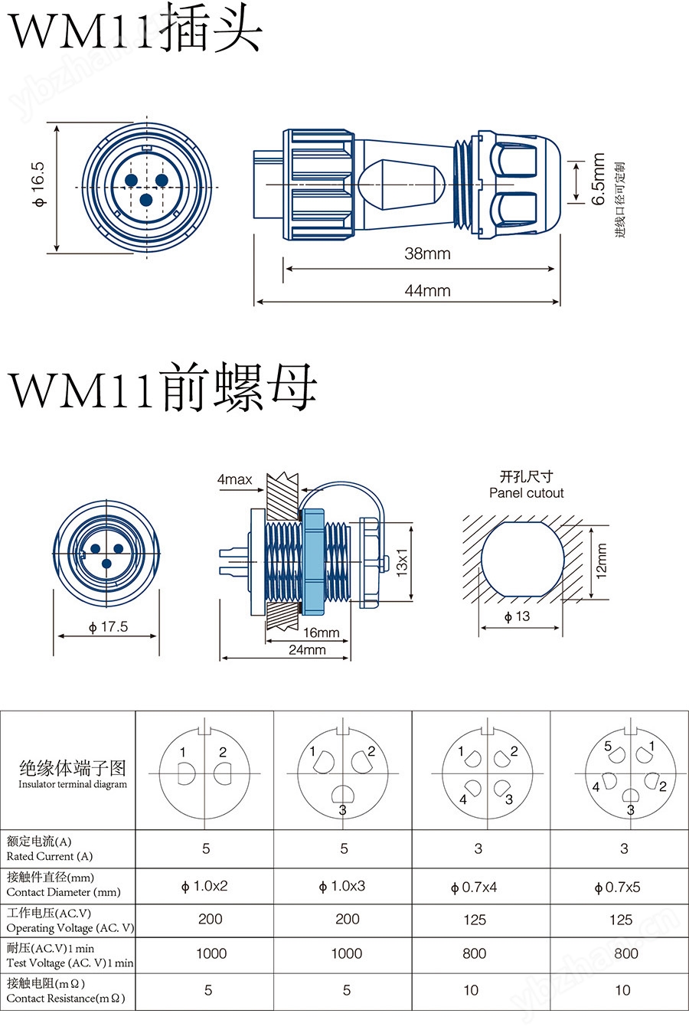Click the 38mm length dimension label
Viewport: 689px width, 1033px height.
pos(427,253)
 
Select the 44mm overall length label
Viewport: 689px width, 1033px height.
pos(427,290)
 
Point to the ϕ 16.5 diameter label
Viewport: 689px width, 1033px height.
pos(38,185)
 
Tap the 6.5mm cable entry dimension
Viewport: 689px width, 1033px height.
pos(598,178)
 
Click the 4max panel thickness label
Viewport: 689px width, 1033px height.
pos(235,479)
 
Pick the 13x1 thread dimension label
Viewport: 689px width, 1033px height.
pos(402,563)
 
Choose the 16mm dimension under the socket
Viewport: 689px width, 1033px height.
pos(321,633)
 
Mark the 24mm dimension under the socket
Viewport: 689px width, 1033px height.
pos(307,650)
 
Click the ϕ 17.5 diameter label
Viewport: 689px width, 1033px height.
pos(108,626)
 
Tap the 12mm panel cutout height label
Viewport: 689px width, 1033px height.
pos(602,561)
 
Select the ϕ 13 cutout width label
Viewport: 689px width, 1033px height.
pos(517,616)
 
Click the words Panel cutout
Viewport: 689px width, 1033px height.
pos(526,493)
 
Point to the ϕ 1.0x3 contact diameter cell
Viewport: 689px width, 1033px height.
pos(341,886)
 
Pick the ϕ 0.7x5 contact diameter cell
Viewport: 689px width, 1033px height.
pos(617,888)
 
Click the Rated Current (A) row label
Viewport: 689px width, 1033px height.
pos(49,857)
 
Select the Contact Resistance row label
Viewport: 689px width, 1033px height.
pos(66,999)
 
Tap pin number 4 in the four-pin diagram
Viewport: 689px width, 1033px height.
pos(463,799)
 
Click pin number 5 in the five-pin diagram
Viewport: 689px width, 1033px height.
pos(608,746)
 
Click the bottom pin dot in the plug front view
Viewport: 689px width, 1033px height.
pos(146,200)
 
